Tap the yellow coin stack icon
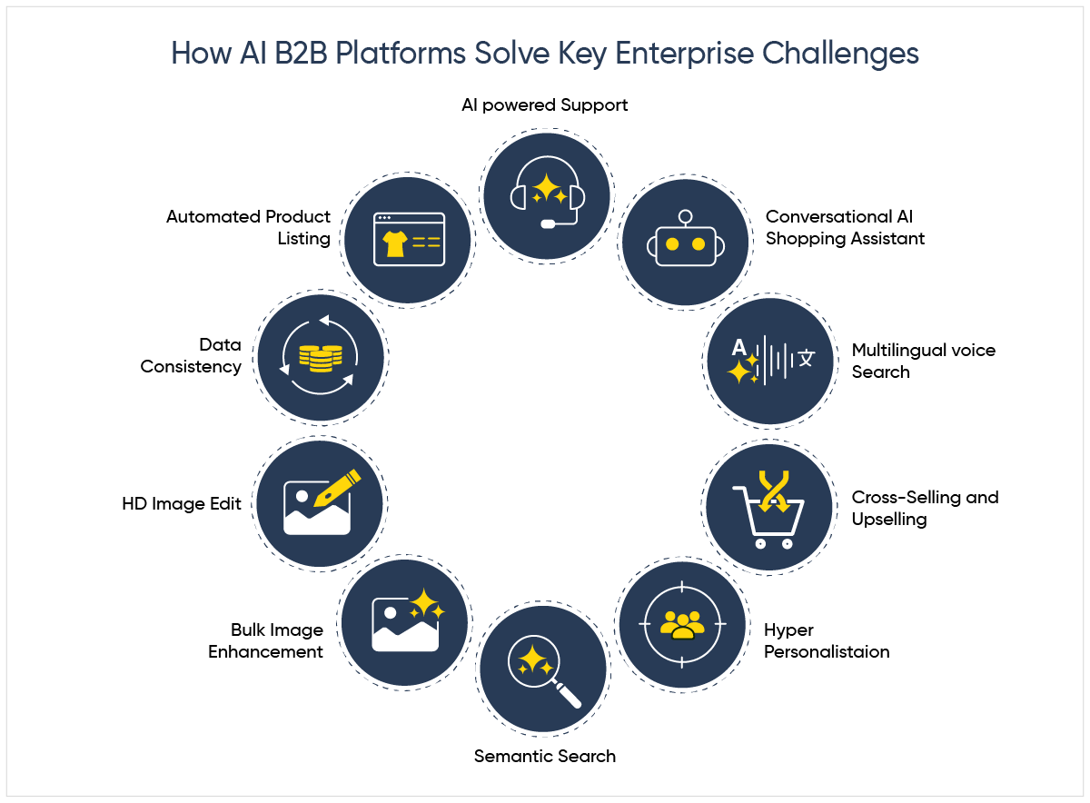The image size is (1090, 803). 320,358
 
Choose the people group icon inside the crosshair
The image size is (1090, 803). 682,624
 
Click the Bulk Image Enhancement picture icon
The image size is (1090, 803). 406,621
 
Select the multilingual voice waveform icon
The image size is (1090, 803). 770,360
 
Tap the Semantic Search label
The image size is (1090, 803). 545,756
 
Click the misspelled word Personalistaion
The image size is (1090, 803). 827,651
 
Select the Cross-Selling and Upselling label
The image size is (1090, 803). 924,508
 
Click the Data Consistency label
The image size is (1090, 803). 192,356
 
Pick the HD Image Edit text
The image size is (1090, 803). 182,503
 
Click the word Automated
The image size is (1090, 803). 209,216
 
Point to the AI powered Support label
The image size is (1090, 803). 545,104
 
